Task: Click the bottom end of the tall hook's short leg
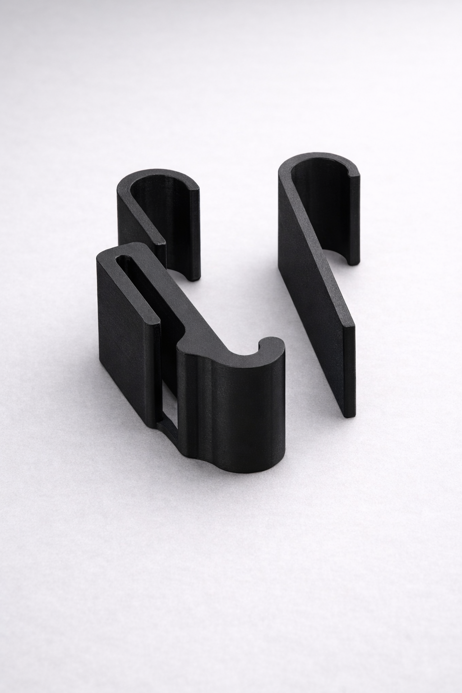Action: (352, 259)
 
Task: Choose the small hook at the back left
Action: (158, 212)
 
